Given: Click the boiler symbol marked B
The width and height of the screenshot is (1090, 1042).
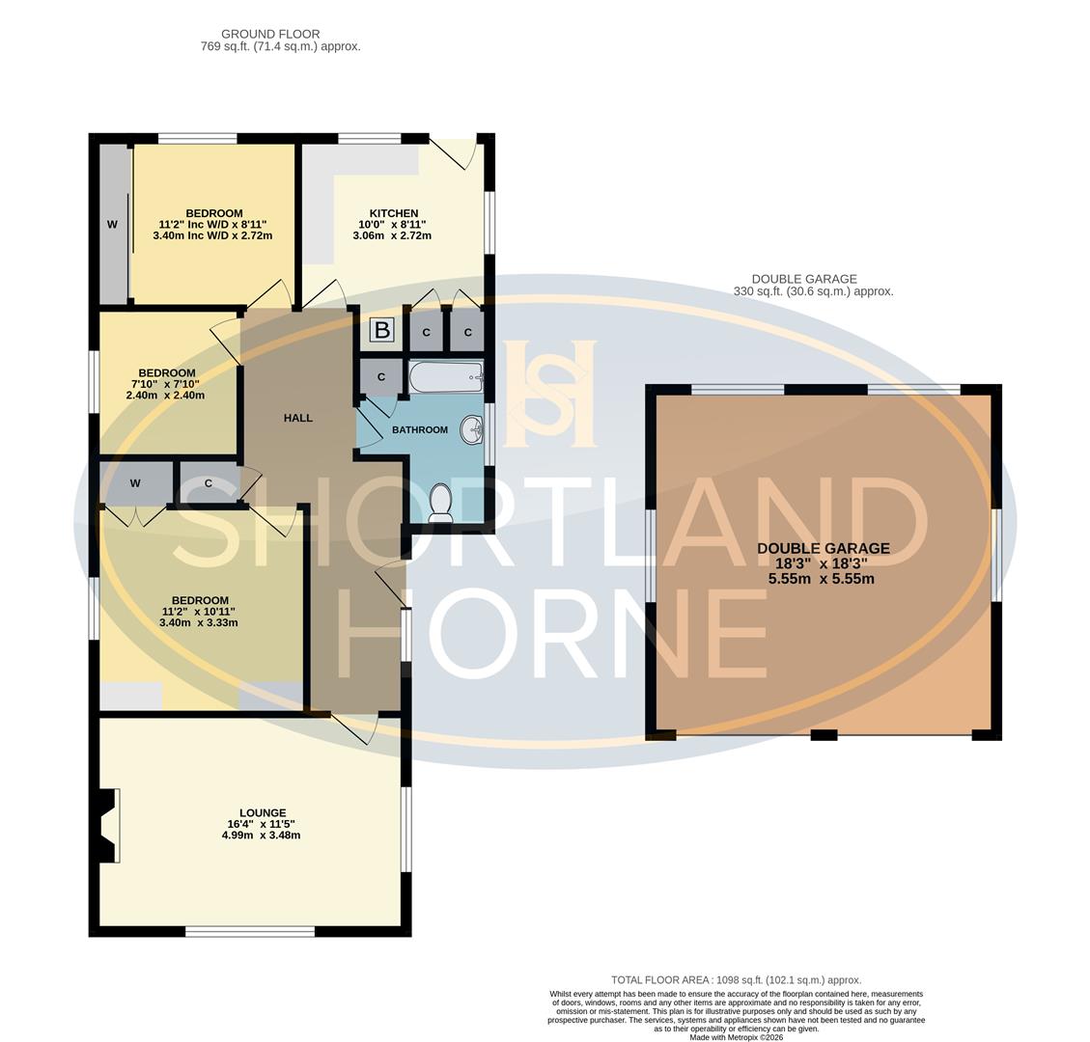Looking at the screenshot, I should pyautogui.click(x=382, y=331).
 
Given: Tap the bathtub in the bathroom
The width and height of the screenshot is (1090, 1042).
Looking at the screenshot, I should pyautogui.click(x=445, y=377).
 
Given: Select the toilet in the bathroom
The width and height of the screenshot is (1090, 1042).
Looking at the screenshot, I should pyautogui.click(x=440, y=503).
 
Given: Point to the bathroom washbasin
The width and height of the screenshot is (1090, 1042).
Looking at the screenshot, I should pyautogui.click(x=471, y=430).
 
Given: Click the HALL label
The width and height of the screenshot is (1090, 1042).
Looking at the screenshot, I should pyautogui.click(x=298, y=418).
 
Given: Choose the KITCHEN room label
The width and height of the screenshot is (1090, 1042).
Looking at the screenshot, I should pyautogui.click(x=394, y=213).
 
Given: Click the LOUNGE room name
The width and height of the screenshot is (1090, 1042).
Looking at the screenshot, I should pyautogui.click(x=263, y=812).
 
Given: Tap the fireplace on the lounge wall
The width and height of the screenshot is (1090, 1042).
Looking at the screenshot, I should pyautogui.click(x=108, y=825).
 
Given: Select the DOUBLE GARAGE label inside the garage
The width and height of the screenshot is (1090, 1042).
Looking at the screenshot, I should pyautogui.click(x=823, y=548).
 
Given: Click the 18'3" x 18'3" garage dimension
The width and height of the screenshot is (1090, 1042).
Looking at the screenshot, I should pyautogui.click(x=822, y=563).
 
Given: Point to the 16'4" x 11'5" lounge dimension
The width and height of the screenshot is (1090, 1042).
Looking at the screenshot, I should pyautogui.click(x=261, y=824).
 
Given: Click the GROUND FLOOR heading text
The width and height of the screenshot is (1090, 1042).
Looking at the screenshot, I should pyautogui.click(x=270, y=34).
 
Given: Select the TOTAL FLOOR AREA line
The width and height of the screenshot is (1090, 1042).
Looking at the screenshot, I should pyautogui.click(x=736, y=979).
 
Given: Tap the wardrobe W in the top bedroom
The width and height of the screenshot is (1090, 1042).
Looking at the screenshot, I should pyautogui.click(x=113, y=225).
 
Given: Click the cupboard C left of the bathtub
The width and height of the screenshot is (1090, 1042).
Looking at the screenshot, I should pyautogui.click(x=381, y=377).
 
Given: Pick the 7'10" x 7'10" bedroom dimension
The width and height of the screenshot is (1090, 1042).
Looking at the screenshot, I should pyautogui.click(x=166, y=384).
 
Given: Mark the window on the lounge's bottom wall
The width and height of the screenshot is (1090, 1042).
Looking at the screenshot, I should pyautogui.click(x=250, y=931).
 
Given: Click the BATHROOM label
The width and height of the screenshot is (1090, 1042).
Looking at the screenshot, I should pyautogui.click(x=419, y=429).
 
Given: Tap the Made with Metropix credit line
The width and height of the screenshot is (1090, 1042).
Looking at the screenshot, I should pyautogui.click(x=736, y=1037).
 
